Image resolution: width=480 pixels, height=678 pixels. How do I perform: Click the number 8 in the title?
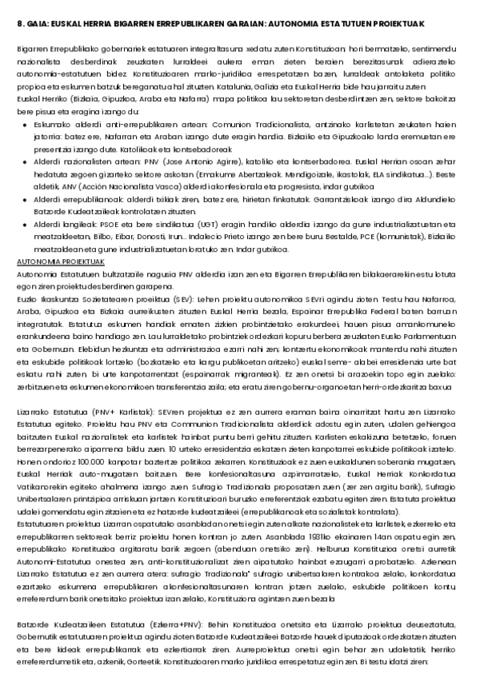[x=19, y=25]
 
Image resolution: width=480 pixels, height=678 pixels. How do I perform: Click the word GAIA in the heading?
[x=36, y=25]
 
